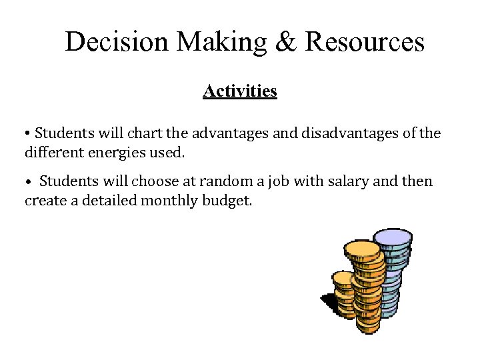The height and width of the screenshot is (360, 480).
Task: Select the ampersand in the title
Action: (285, 41)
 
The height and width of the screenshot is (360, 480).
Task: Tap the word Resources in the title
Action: (364, 41)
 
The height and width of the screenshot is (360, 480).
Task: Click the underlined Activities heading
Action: (240, 91)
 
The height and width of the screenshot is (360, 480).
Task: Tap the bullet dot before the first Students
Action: (27, 134)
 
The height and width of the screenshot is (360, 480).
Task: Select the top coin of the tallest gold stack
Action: (363, 249)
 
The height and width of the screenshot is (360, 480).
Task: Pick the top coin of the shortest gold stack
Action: (344, 277)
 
